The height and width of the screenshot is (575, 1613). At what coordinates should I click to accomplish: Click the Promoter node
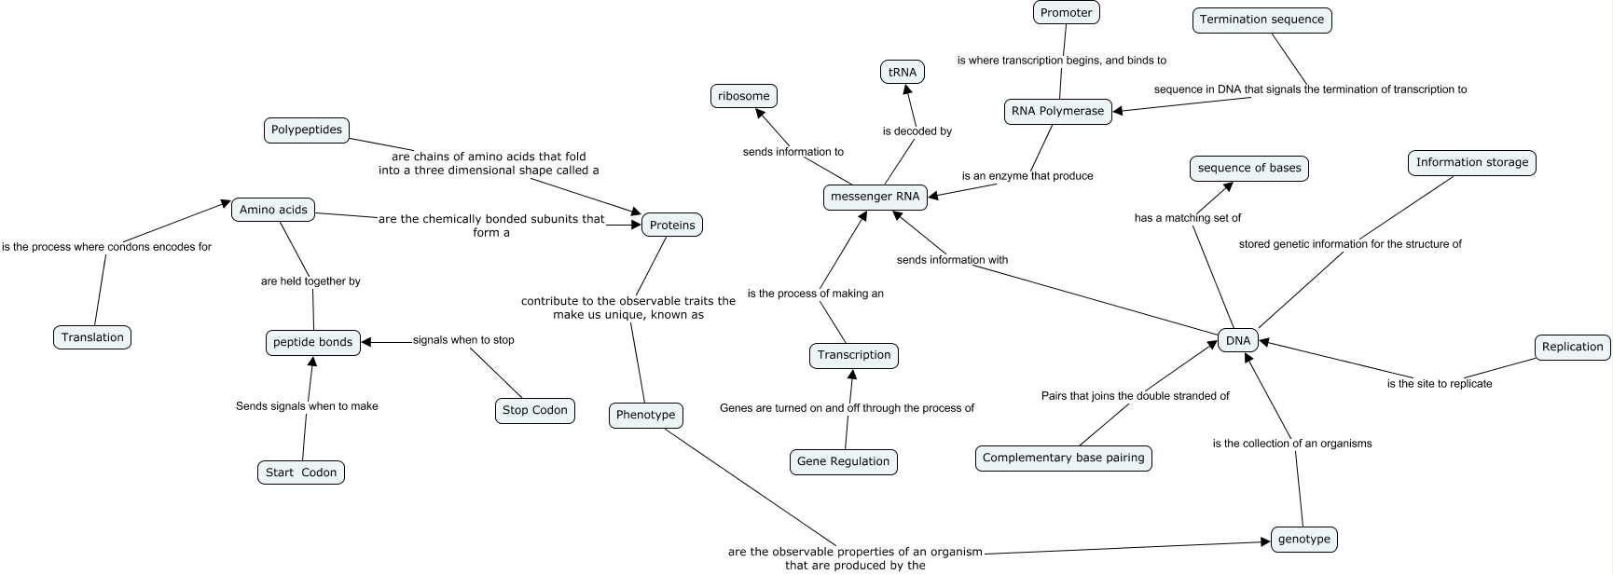[1067, 13]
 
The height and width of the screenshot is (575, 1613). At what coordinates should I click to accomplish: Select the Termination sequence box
[1261, 20]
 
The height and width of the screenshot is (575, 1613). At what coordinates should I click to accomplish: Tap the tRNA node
[903, 72]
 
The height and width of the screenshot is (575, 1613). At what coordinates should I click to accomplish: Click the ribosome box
[743, 96]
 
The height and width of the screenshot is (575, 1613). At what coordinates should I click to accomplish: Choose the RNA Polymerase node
[1057, 111]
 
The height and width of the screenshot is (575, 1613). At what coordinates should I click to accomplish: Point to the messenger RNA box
[875, 197]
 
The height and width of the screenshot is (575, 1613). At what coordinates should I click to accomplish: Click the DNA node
[1237, 341]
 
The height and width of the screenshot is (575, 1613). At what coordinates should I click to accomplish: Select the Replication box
[1572, 347]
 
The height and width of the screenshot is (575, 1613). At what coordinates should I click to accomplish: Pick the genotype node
[1303, 540]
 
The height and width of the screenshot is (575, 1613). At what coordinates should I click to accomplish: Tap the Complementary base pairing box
[1063, 458]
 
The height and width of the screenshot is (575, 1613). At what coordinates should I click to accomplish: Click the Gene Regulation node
[843, 461]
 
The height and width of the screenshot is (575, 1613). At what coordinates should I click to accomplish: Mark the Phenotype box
[645, 415]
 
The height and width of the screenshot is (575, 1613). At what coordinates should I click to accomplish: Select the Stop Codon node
[534, 410]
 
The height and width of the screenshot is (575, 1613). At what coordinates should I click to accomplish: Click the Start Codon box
[300, 472]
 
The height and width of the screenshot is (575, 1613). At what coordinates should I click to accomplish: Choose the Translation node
[92, 337]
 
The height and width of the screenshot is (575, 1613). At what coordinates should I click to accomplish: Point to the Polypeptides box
[307, 130]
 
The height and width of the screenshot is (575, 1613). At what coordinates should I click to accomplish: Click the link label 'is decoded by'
[917, 131]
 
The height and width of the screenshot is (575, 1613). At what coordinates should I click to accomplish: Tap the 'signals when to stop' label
[463, 340]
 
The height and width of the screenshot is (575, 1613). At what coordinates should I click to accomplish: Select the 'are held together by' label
[310, 281]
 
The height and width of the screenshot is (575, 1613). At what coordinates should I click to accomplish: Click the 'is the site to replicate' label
[1439, 384]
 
